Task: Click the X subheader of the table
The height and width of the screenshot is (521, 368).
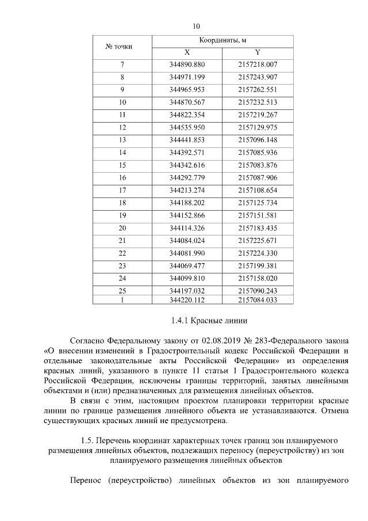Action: click(x=187, y=52)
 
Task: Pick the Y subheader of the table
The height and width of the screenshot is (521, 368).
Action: click(x=258, y=52)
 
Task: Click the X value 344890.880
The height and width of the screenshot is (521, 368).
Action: click(x=187, y=64)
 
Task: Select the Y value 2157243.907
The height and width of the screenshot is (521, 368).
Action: click(x=258, y=77)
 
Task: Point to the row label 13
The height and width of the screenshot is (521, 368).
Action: click(x=122, y=140)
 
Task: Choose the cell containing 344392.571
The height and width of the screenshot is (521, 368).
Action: click(x=187, y=153)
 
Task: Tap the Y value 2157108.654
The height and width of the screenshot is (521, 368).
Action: click(x=258, y=190)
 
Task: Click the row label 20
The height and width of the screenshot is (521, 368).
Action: click(x=122, y=228)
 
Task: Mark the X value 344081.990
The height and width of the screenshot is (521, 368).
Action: click(x=187, y=253)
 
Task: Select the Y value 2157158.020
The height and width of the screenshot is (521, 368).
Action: click(x=258, y=278)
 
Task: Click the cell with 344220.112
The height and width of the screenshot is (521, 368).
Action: click(x=187, y=300)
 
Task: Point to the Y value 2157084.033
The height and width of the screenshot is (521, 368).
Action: click(x=258, y=300)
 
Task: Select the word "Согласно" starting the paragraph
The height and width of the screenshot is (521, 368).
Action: click(x=87, y=341)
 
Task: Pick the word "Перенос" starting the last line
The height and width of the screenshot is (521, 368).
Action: click(x=86, y=480)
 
